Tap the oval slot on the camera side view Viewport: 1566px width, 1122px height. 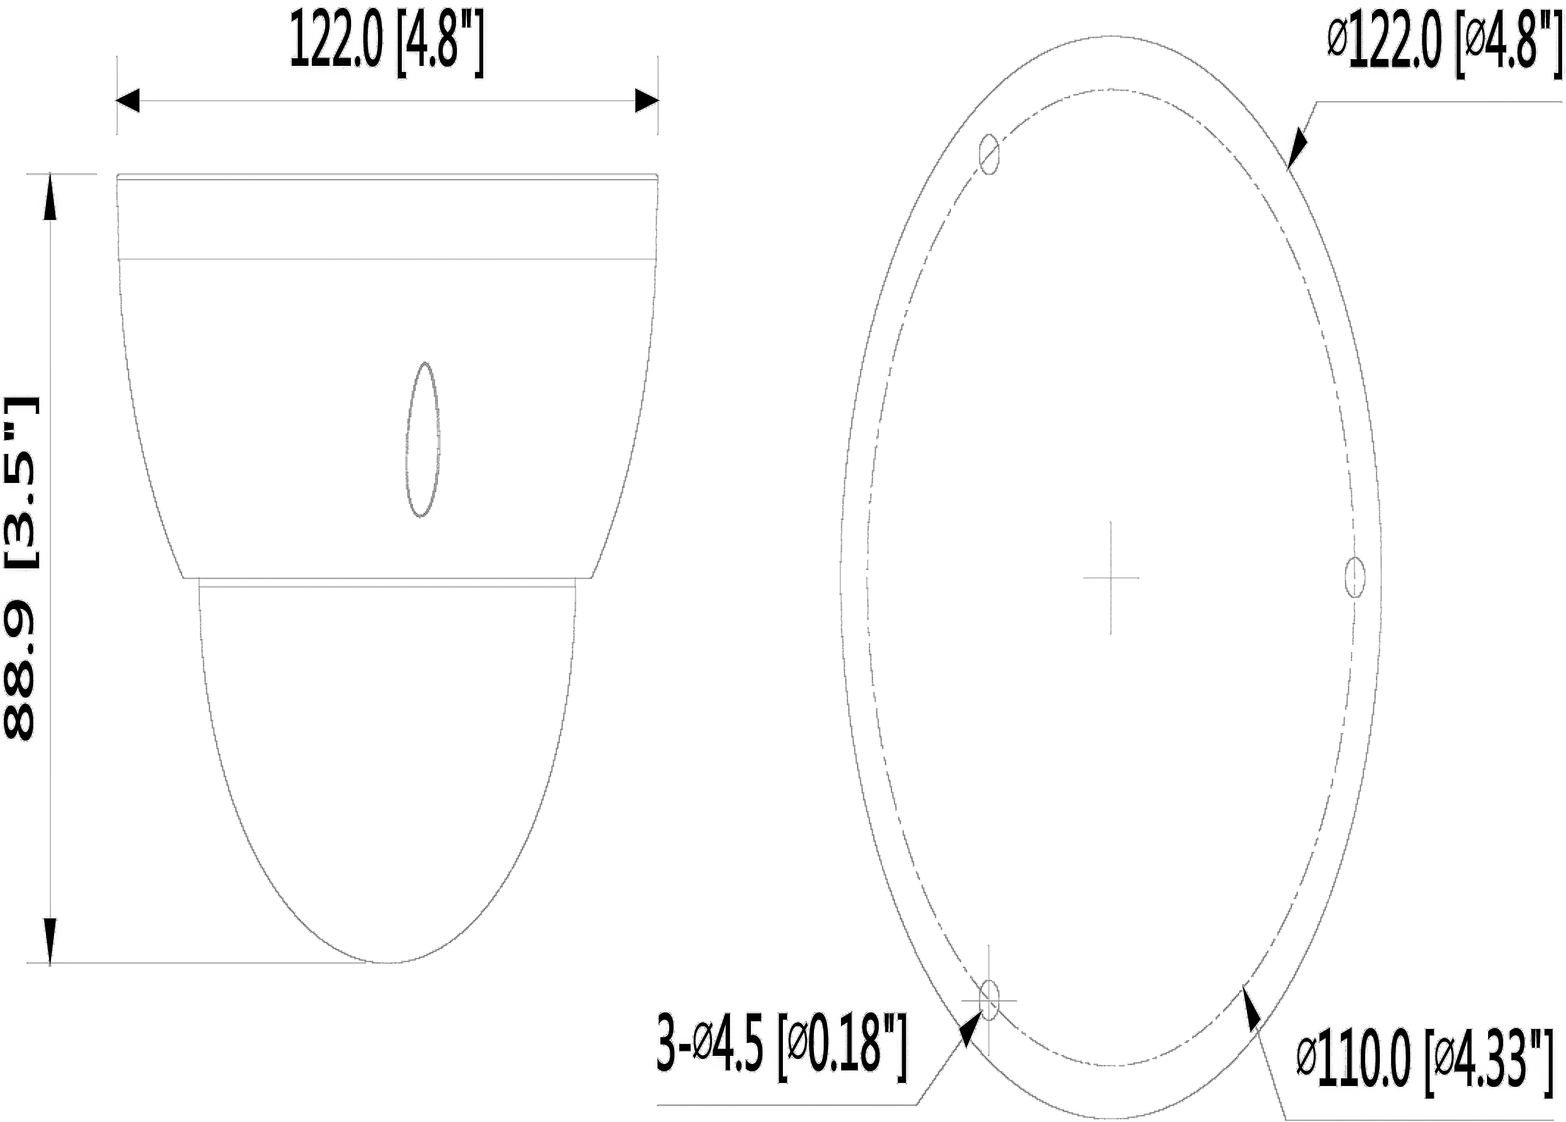423,440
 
